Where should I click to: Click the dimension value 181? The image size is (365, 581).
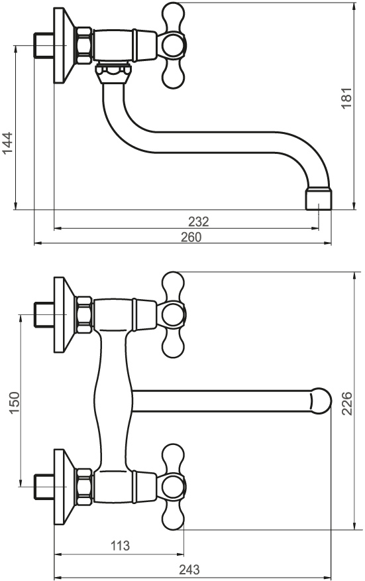coord(346,98)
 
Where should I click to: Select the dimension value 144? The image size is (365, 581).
coord(7,143)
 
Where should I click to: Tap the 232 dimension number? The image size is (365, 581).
coord(199,222)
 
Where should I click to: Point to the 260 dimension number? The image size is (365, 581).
coord(191,237)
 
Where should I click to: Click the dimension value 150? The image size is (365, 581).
coord(13,403)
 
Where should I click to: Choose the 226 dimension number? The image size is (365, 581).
coord(346,403)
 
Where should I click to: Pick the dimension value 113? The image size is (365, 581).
coord(121,545)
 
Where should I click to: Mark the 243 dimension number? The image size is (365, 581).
coord(189,570)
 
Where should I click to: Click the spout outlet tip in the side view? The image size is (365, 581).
coord(319,200)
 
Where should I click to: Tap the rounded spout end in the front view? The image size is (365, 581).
coord(320,401)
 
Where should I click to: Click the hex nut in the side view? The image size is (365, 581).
coord(84,45)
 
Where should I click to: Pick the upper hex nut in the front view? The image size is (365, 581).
coord(84,314)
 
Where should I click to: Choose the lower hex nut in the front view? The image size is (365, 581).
coord(84,487)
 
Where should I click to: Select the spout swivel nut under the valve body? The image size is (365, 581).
coord(113,74)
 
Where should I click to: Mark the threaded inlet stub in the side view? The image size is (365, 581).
coord(44,45)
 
